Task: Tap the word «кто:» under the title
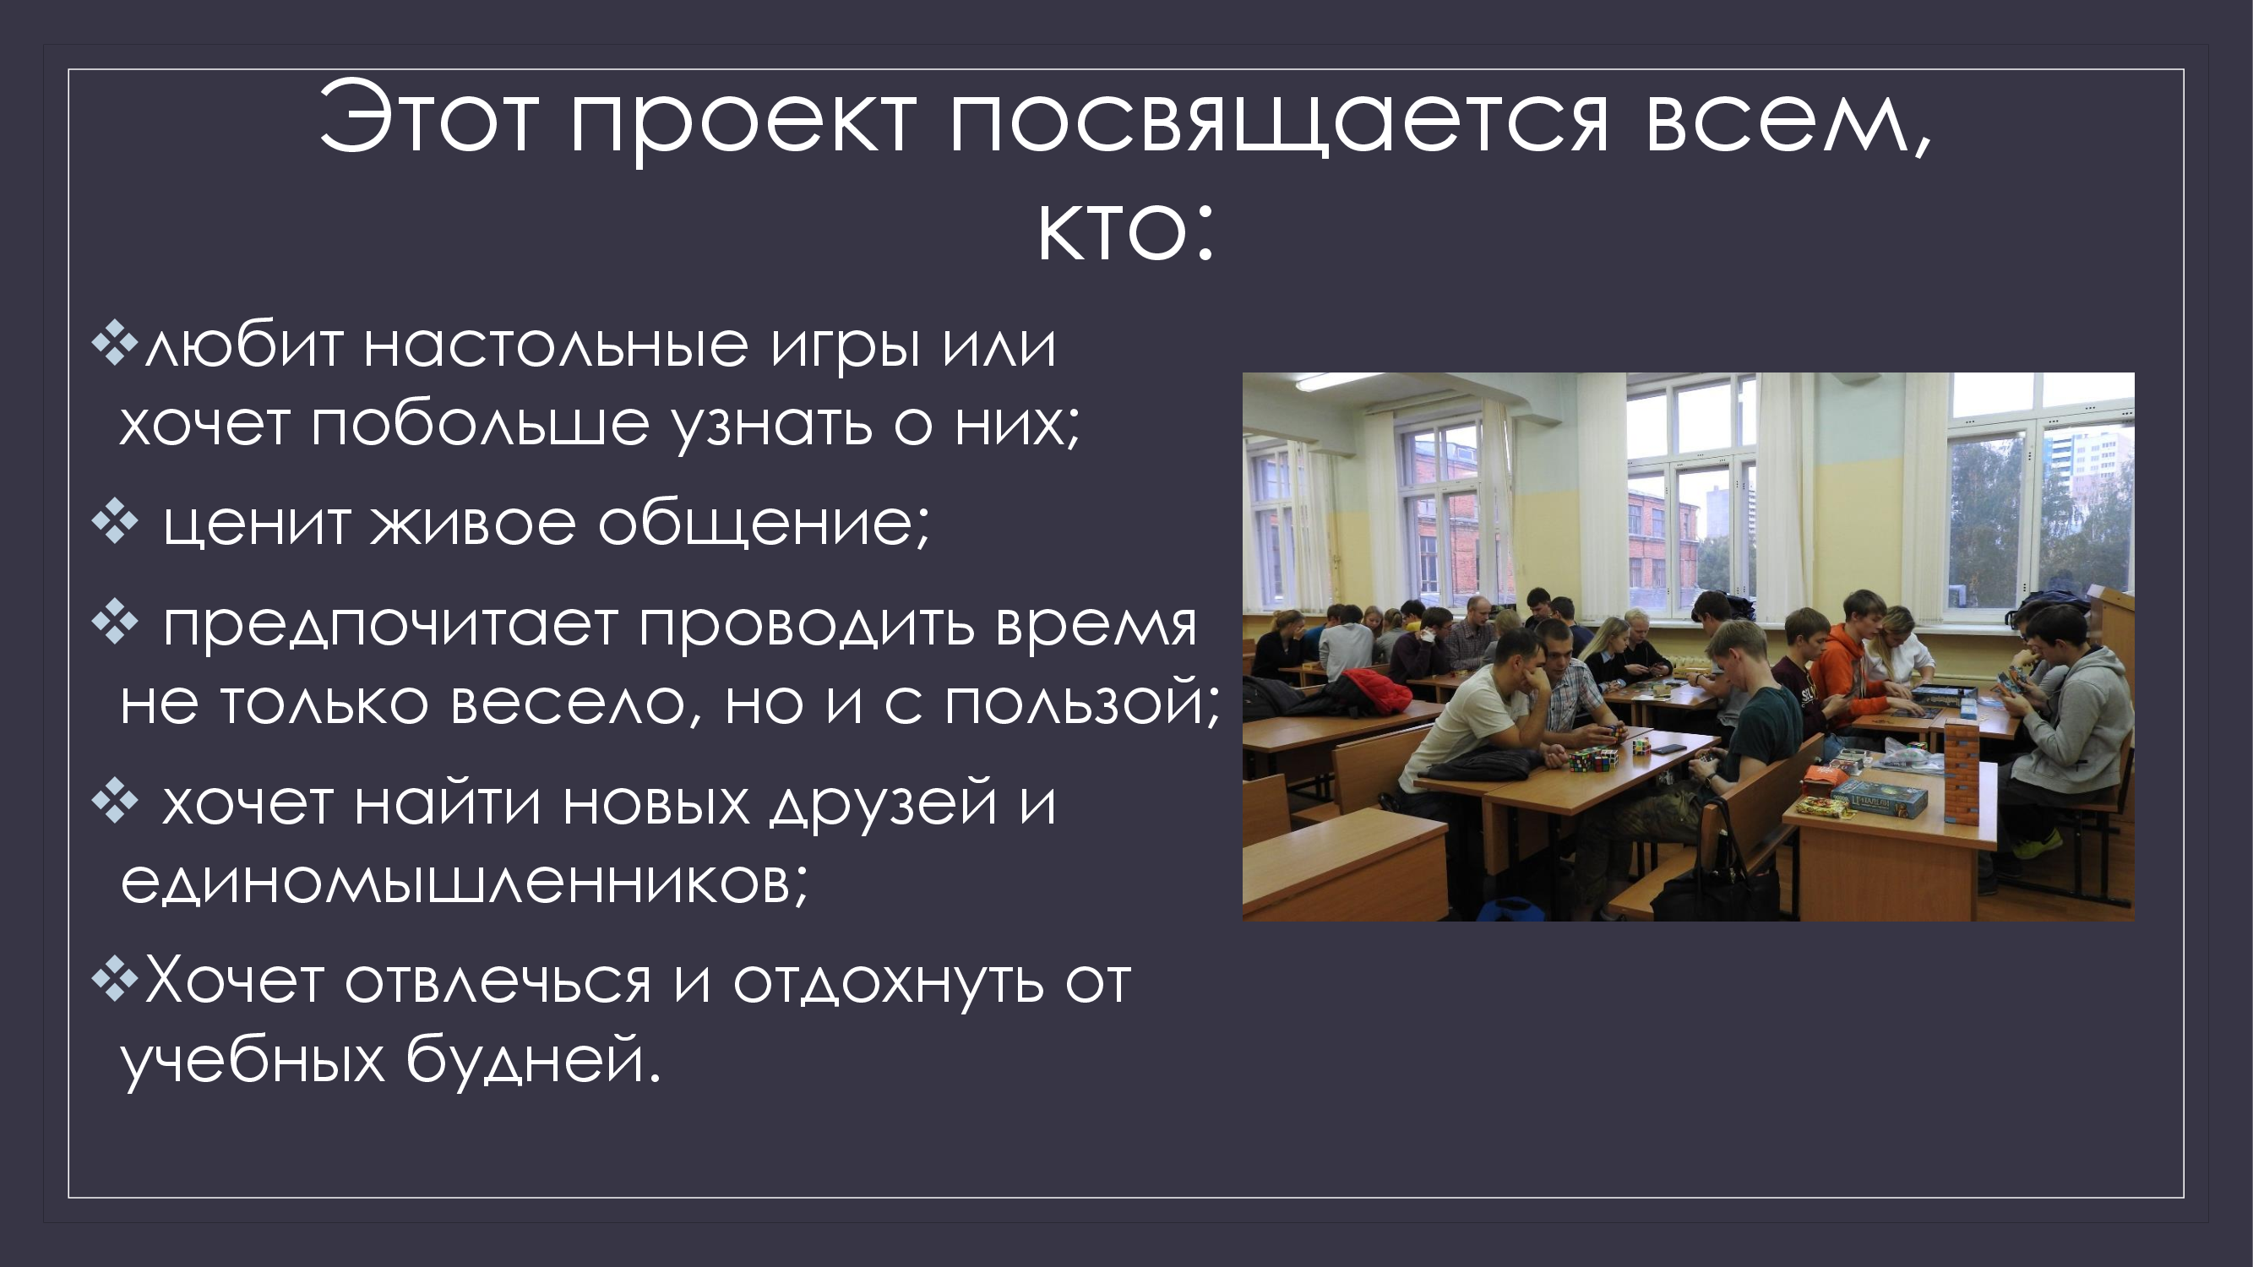point(1127,231)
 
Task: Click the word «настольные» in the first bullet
point(555,345)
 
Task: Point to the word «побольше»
point(480,425)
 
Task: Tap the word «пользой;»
point(1082,702)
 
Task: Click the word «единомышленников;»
point(465,881)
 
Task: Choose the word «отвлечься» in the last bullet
point(498,981)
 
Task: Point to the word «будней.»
point(533,1058)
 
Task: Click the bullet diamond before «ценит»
point(115,522)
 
